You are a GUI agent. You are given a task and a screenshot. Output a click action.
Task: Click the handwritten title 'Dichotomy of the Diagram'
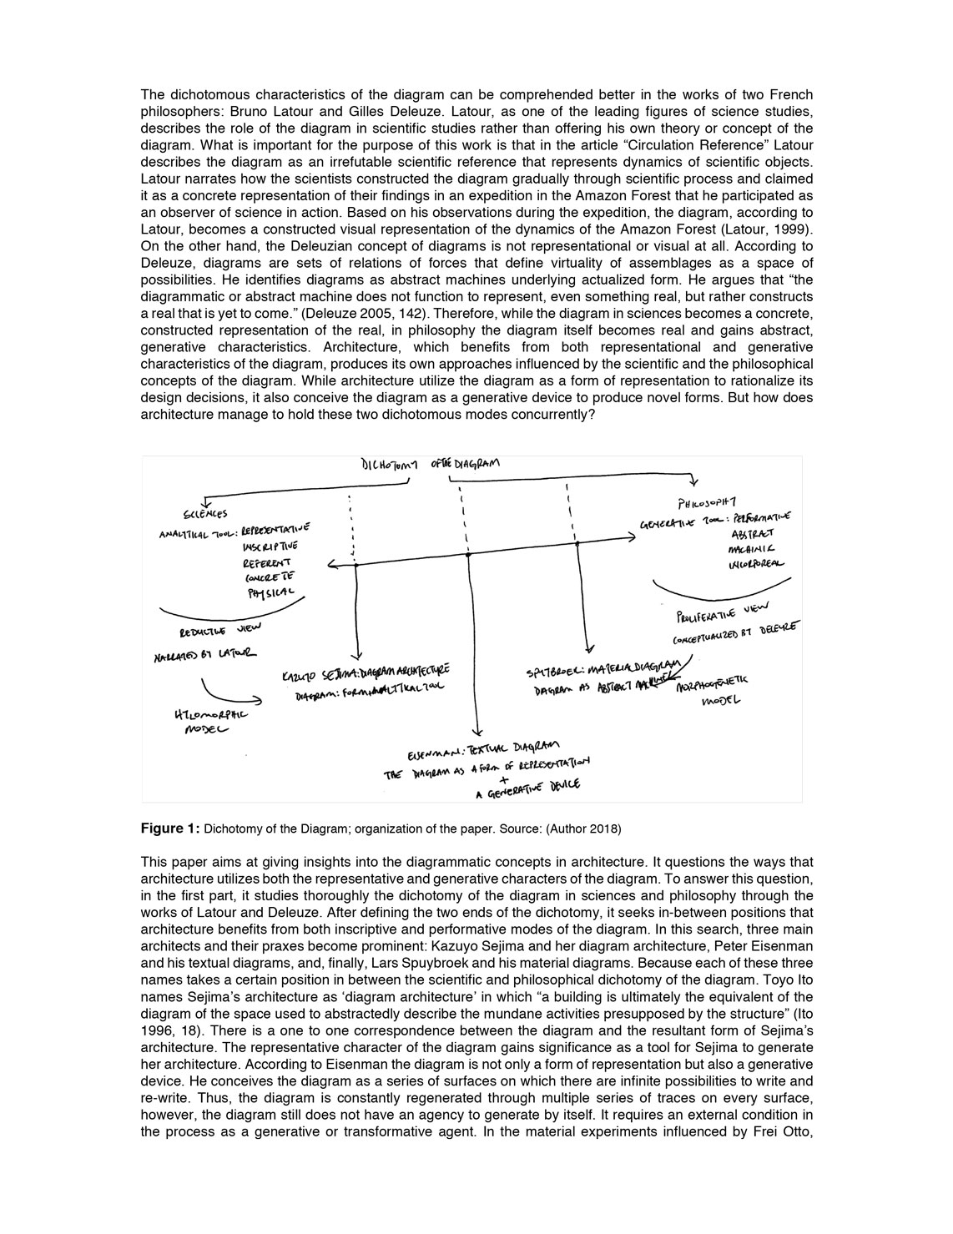[x=430, y=466]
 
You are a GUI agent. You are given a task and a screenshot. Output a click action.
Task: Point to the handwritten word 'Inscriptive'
[x=270, y=546]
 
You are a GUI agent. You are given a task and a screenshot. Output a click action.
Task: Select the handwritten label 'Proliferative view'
[x=724, y=613]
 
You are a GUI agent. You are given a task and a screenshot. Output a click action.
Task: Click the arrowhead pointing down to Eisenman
[x=476, y=731]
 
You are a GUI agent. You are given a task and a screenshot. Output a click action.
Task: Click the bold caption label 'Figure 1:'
[x=170, y=829]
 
